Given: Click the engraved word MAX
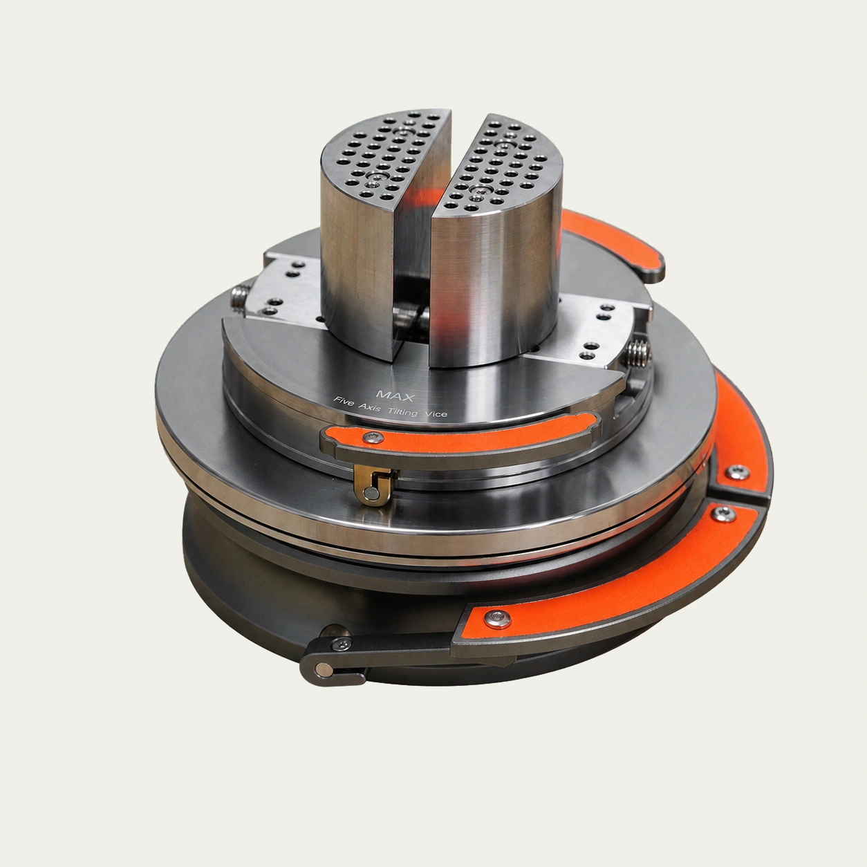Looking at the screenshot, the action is pyautogui.click(x=395, y=395).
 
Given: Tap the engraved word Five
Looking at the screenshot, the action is pyautogui.click(x=344, y=402).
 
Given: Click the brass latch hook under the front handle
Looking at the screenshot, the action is pyautogui.click(x=373, y=485).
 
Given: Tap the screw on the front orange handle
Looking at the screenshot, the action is pyautogui.click(x=373, y=436).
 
